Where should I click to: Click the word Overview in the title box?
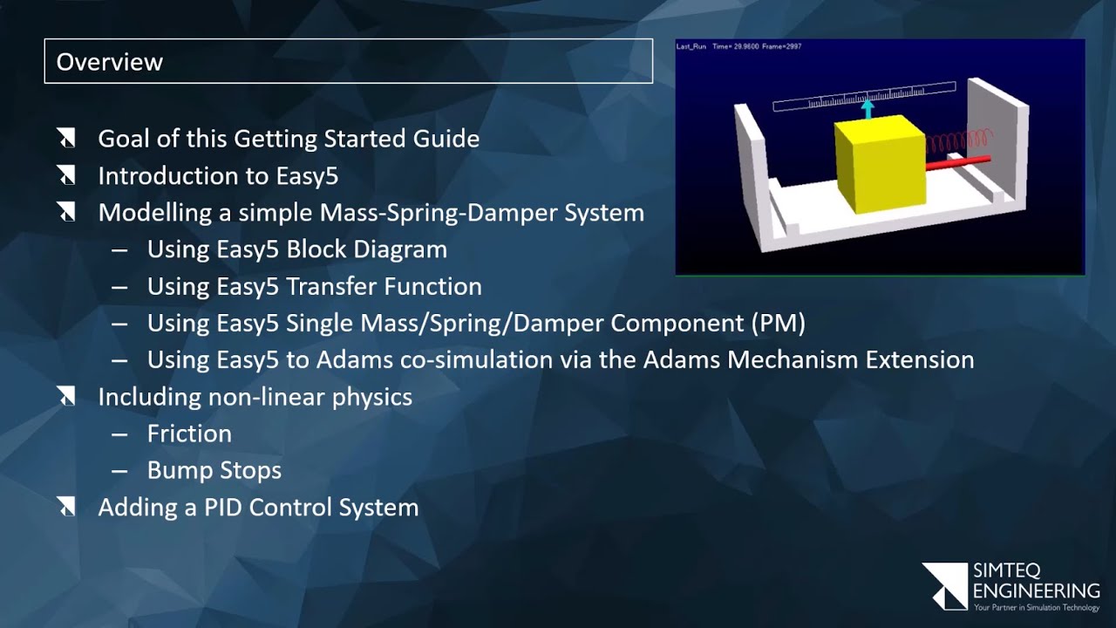coord(109,62)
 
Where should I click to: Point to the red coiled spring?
coord(958,140)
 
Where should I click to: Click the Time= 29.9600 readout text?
coord(734,46)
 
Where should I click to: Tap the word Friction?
coord(189,433)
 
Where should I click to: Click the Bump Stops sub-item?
coord(214,470)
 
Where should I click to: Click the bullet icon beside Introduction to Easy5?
coord(66,176)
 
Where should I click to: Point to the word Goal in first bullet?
coord(123,140)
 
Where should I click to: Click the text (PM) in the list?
coord(778,324)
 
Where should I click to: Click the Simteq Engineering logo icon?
coord(944,585)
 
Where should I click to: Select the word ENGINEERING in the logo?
coord(1036,591)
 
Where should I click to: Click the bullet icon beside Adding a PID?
coord(66,508)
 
